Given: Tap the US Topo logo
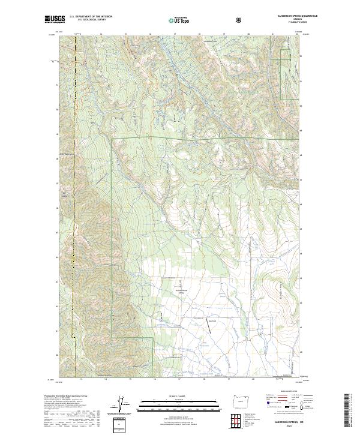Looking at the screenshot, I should [x=179, y=20].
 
